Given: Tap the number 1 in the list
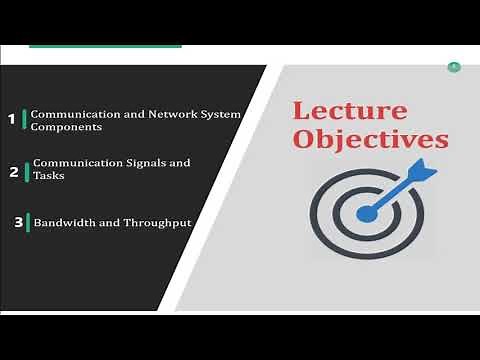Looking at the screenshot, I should pos(11,120).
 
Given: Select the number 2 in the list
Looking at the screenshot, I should pos(14,172).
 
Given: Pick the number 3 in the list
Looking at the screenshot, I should pos(18,222).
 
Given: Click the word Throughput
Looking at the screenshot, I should pos(155,222).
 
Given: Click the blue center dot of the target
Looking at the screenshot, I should pos(365,213).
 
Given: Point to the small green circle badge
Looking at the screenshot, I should pos(454,67).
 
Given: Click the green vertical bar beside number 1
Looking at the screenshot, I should pos(25,120).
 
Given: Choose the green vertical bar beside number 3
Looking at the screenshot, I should pos(29,222).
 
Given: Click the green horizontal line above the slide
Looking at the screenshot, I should pos(105,46).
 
